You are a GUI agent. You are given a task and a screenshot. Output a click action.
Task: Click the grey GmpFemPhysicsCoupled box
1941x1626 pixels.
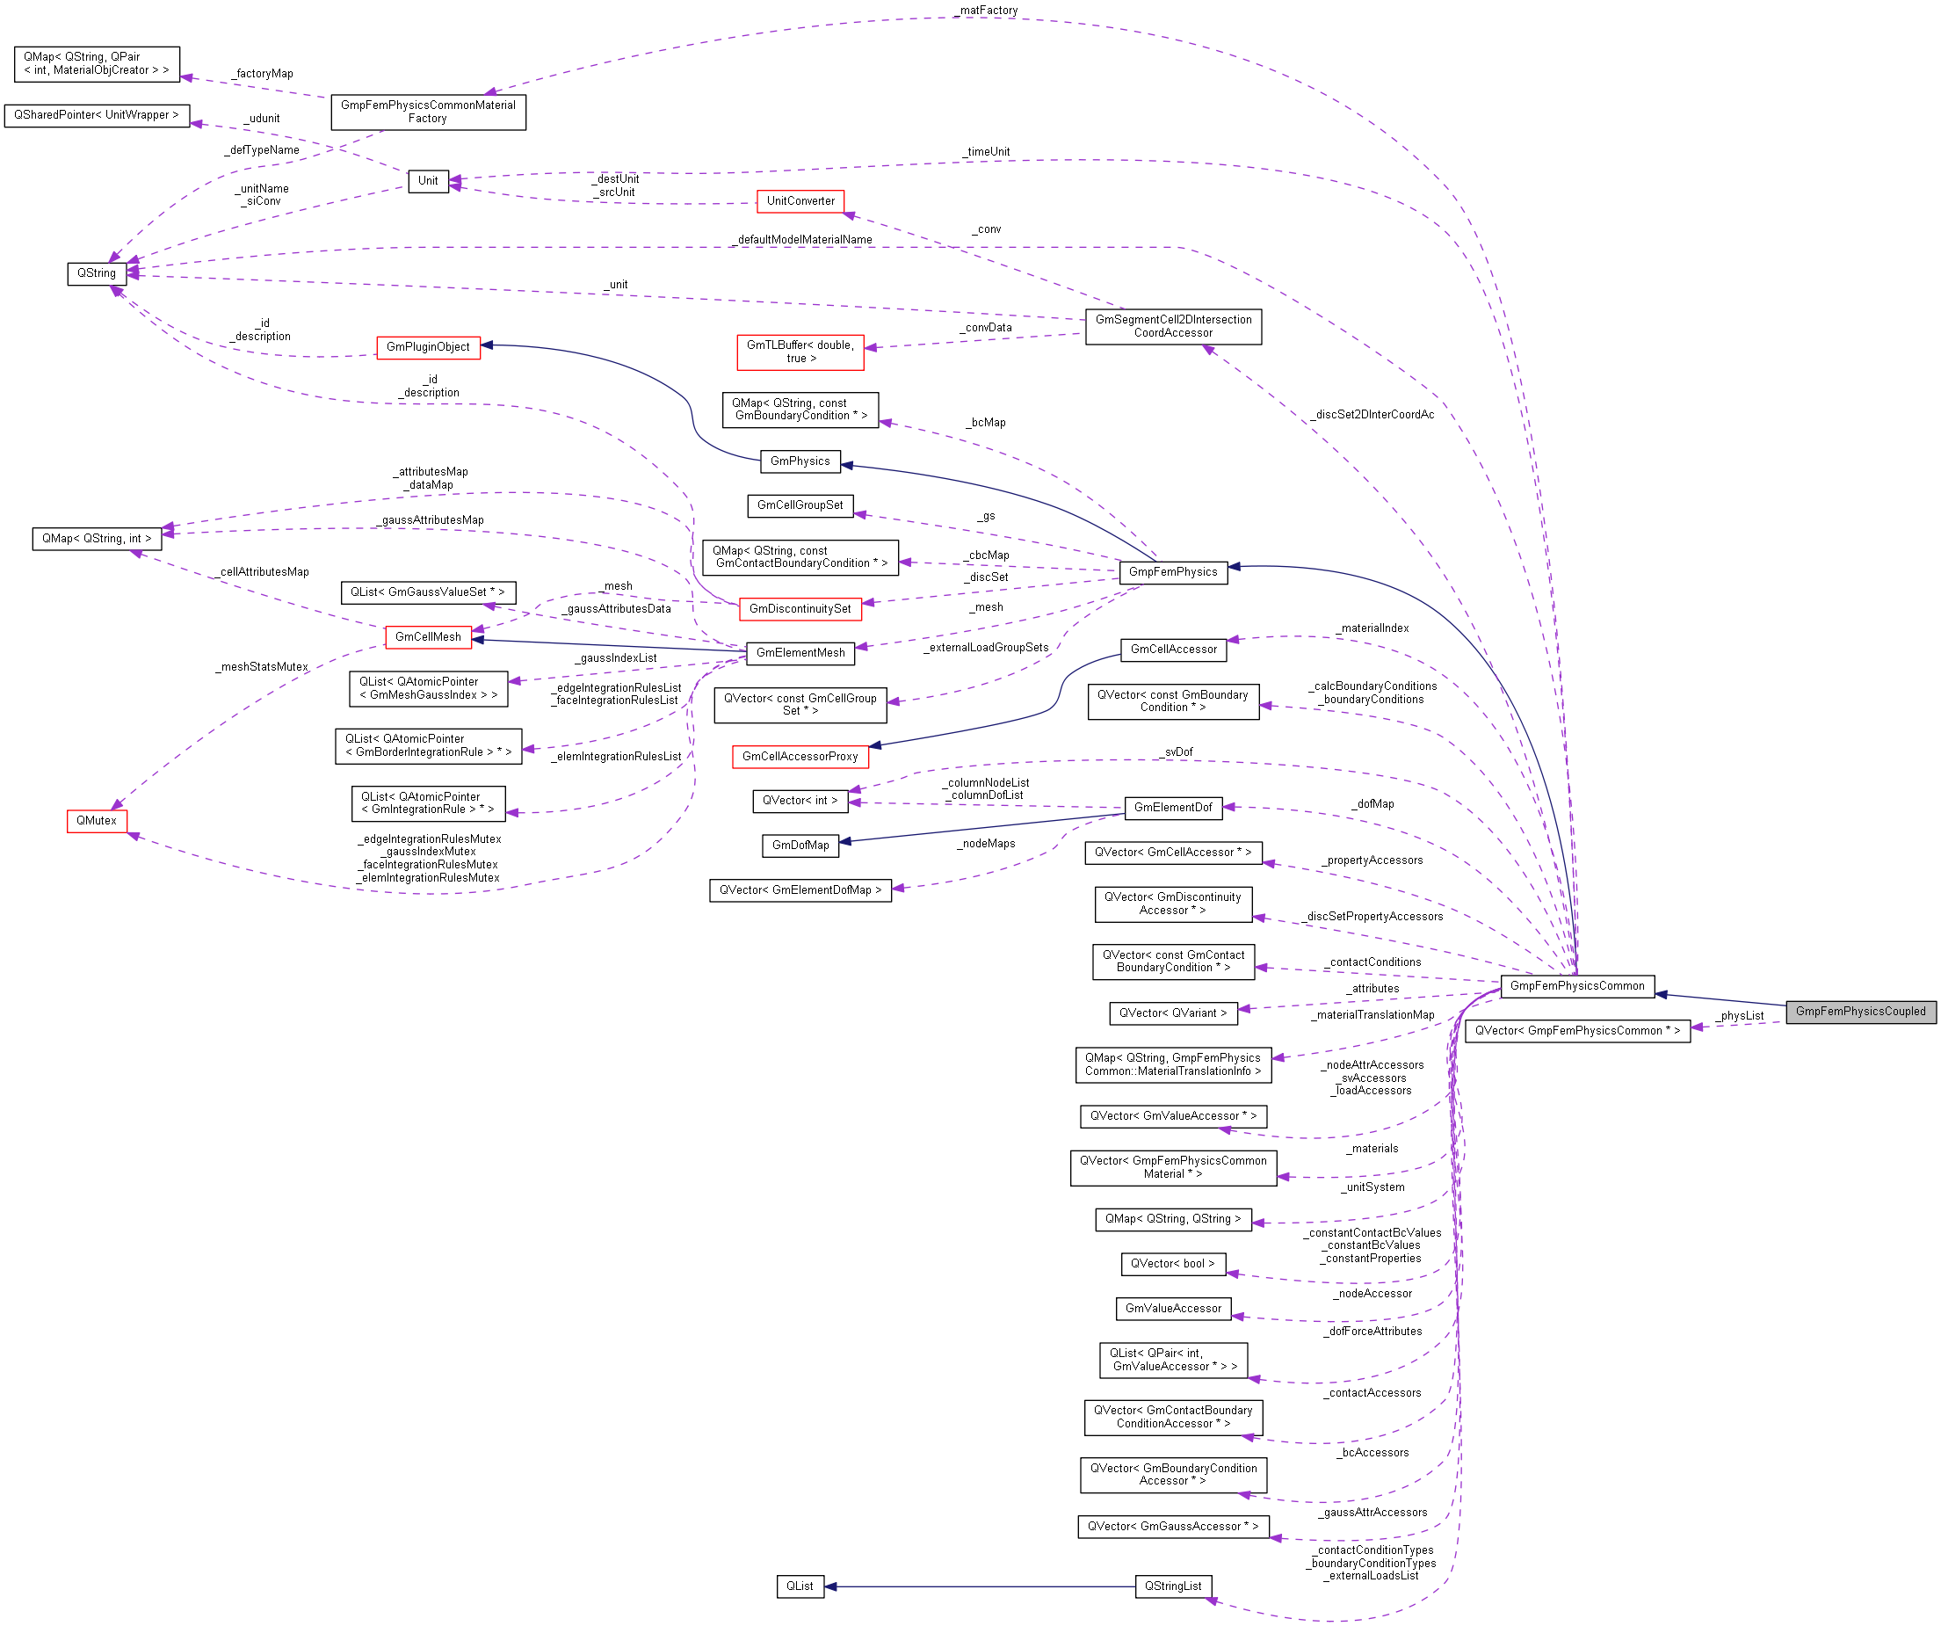click(x=1859, y=1012)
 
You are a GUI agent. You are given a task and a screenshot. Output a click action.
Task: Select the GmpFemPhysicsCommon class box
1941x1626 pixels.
click(x=1577, y=986)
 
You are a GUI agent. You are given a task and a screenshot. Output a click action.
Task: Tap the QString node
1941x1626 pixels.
click(x=96, y=273)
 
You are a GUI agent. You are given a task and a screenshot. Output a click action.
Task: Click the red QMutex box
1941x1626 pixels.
click(x=96, y=821)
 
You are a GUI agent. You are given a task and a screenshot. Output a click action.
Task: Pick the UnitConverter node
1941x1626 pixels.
click(x=800, y=201)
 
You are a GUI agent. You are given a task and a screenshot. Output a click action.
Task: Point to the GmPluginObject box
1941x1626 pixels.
click(x=428, y=347)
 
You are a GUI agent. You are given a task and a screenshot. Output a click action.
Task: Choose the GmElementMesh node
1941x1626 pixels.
click(x=800, y=654)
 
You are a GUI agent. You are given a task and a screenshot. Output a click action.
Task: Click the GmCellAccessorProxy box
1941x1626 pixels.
click(x=800, y=757)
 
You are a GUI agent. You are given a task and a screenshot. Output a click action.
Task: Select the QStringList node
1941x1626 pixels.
click(x=1173, y=1586)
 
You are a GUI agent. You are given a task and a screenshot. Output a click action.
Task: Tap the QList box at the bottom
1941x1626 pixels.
click(x=800, y=1586)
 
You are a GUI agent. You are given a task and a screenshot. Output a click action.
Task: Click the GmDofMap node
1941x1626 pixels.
click(x=800, y=846)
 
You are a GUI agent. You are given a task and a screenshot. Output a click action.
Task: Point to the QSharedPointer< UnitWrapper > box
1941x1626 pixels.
click(x=96, y=115)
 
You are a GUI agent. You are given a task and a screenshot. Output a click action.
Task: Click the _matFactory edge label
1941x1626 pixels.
click(x=988, y=11)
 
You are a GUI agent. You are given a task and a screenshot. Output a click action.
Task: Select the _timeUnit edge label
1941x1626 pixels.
click(x=988, y=151)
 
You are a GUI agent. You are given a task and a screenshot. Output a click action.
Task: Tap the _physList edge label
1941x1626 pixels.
click(x=1741, y=1016)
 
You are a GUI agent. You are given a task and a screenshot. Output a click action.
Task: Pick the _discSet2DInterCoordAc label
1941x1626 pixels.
click(x=1373, y=415)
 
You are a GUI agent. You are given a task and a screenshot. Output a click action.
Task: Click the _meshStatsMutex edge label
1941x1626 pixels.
click(x=264, y=667)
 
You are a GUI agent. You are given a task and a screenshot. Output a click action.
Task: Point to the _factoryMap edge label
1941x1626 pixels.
click(x=264, y=74)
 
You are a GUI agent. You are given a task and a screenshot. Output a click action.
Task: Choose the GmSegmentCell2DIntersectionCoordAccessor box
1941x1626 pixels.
click(x=1173, y=326)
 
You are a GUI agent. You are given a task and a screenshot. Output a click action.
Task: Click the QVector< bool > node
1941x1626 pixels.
click(x=1173, y=1264)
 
